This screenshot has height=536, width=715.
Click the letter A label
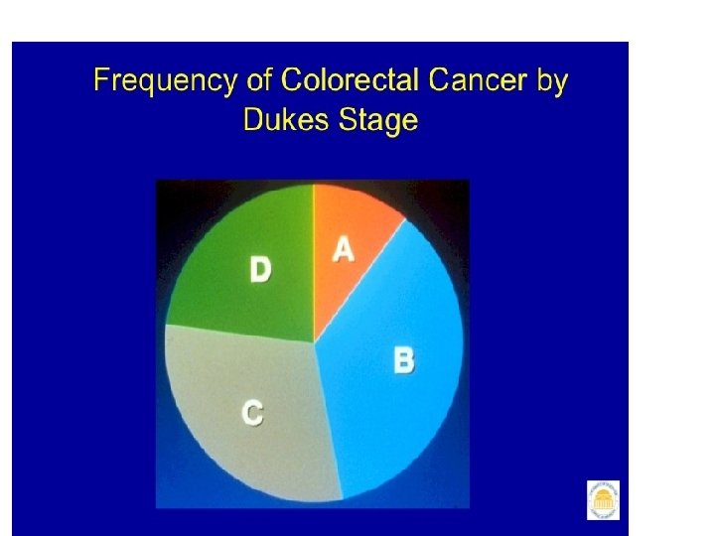click(343, 249)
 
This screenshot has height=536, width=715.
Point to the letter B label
click(404, 358)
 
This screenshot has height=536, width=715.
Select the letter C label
click(253, 411)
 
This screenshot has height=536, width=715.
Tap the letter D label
click(260, 269)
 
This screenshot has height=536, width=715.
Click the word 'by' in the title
click(552, 80)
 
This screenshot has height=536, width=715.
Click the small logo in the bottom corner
click(603, 499)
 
